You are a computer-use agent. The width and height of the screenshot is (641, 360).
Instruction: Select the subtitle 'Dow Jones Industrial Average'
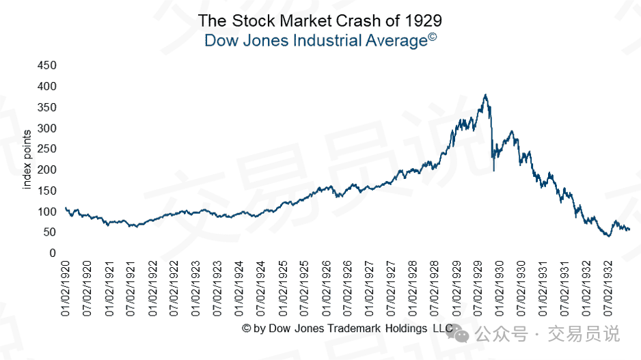tap(315, 41)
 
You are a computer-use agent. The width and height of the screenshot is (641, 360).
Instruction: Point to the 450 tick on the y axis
tap(47, 66)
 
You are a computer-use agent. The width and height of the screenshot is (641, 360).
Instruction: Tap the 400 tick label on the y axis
tap(47, 87)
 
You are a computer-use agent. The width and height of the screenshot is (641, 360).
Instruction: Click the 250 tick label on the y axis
tap(47, 149)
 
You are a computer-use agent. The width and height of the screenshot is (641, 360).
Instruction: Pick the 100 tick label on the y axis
tap(47, 212)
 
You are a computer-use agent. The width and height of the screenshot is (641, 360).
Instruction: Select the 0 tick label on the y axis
tap(52, 253)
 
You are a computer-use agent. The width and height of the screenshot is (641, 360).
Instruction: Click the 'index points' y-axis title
tap(28, 159)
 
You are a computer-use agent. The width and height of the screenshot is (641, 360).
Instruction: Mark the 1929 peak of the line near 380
tap(485, 95)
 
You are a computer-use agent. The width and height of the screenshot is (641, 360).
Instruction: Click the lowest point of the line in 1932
tap(608, 236)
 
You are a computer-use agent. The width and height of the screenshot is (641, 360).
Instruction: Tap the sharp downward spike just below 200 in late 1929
tap(493, 170)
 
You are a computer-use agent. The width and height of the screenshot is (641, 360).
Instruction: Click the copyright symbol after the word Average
tap(433, 37)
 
